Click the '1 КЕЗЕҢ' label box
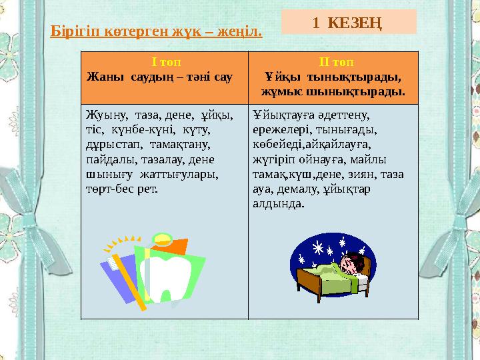point(349,21)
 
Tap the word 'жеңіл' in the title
point(242,31)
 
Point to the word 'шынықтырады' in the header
point(370,90)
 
